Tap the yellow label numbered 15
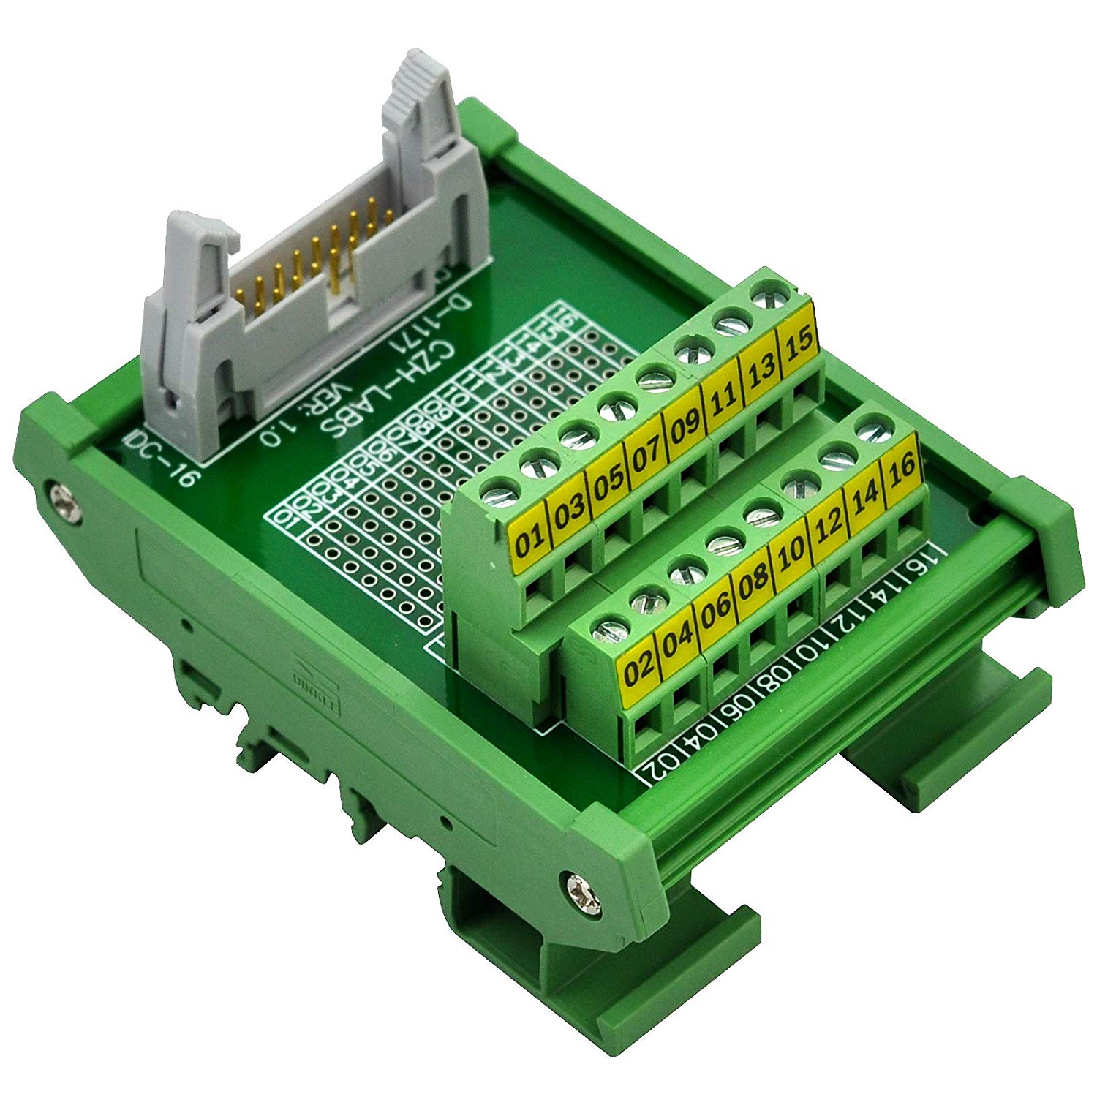[x=799, y=344]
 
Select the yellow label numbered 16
[x=902, y=469]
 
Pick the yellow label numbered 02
[x=638, y=668]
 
